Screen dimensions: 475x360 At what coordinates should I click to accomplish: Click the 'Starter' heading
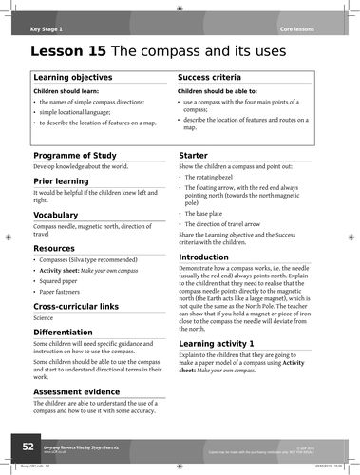(196, 154)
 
